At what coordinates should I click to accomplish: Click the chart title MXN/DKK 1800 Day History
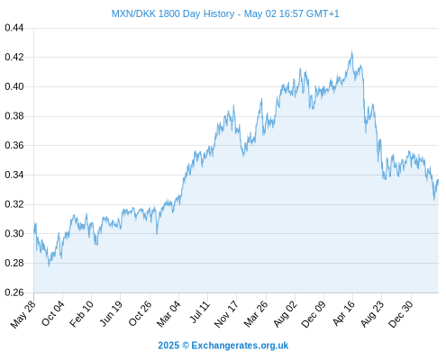coord(173,13)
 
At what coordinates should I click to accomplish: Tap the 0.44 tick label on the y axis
coord(14,28)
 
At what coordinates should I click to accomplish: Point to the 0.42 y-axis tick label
coord(14,57)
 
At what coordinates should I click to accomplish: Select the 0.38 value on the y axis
coord(14,116)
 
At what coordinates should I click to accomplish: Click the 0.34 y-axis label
coord(14,175)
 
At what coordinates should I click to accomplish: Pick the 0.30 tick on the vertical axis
coord(14,233)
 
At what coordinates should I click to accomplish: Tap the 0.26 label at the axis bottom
coord(14,292)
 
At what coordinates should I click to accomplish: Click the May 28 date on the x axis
coord(23,314)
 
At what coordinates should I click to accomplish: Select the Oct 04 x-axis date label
coord(53,313)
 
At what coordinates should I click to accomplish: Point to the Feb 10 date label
coord(81,314)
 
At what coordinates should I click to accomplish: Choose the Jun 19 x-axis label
coord(111,313)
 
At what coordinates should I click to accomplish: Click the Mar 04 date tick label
coord(168,314)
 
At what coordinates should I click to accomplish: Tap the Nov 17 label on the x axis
coord(226,314)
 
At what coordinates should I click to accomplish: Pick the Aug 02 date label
coord(286,314)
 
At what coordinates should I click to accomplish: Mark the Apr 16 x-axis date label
coord(344,313)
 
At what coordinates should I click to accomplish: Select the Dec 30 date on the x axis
coord(401,314)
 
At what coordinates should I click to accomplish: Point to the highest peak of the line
coord(351,51)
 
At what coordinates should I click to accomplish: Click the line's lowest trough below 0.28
coord(50,265)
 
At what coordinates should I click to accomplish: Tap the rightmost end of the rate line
coord(438,180)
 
